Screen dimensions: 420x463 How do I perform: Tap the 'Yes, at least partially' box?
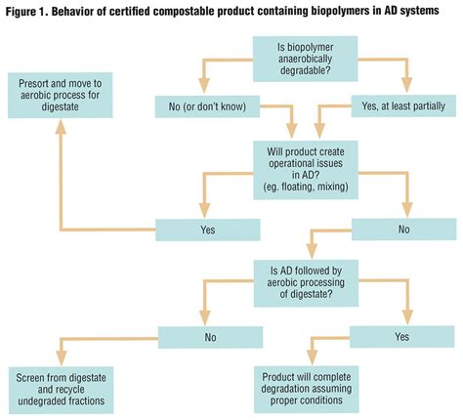coord(402,105)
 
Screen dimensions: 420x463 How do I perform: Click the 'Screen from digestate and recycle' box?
coord(64,384)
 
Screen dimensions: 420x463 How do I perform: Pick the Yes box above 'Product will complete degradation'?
coord(401,337)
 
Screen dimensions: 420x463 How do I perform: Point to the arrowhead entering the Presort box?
coord(61,124)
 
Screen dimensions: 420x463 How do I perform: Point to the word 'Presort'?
coord(38,83)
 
